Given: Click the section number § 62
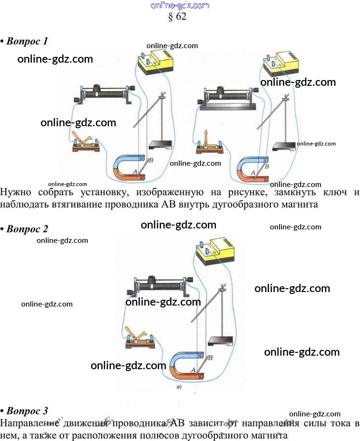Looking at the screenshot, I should [176, 16].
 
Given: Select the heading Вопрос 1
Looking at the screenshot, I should [27, 41].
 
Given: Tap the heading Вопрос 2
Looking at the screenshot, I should [27, 228].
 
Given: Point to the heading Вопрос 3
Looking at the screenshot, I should [27, 411].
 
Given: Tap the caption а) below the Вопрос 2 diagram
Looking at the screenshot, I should [179, 387].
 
